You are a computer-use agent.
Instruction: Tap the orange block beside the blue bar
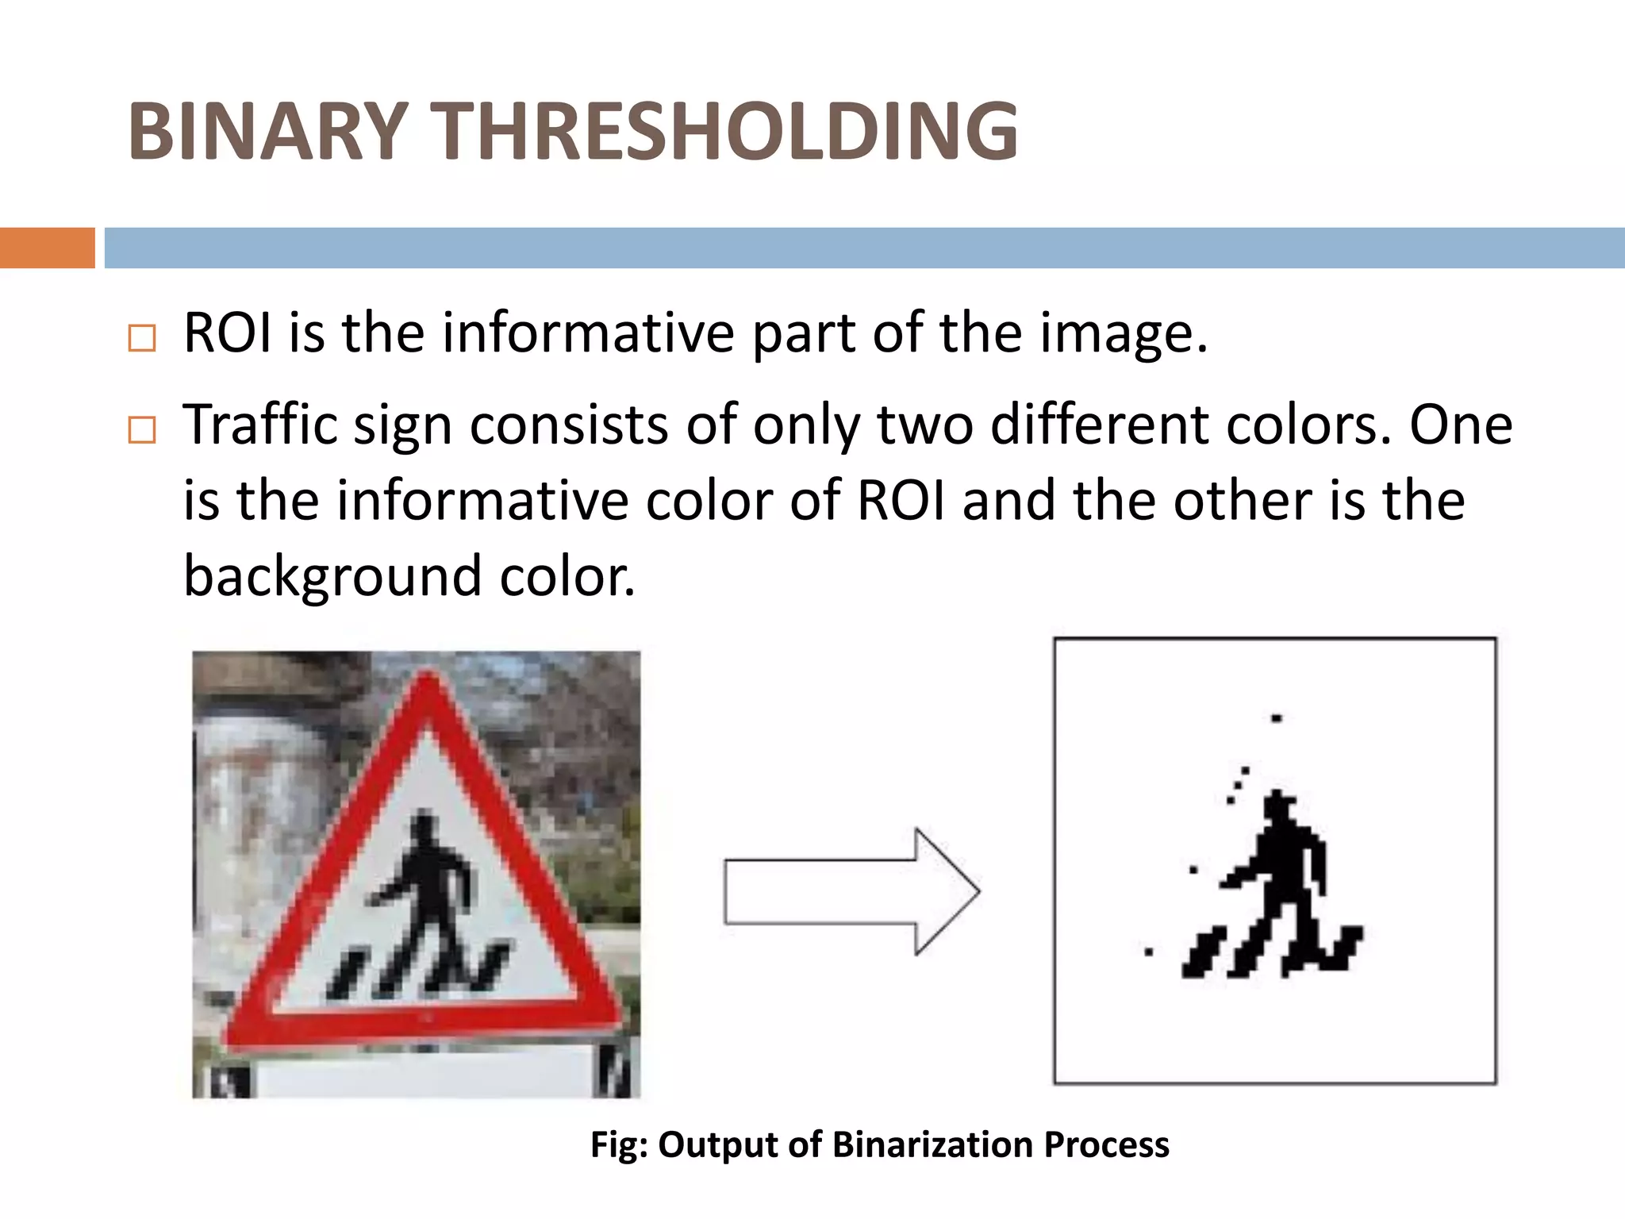47,248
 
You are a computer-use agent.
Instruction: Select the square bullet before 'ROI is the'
142,339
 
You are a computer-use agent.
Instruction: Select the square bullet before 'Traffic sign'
142,431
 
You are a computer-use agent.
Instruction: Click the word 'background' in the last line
332,575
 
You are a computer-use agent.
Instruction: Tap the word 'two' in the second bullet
925,425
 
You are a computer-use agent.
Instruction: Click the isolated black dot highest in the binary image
1277,719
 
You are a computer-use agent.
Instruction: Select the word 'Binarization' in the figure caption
932,1145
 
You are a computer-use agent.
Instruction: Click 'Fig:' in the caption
620,1145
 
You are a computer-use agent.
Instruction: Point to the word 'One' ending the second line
1461,425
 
